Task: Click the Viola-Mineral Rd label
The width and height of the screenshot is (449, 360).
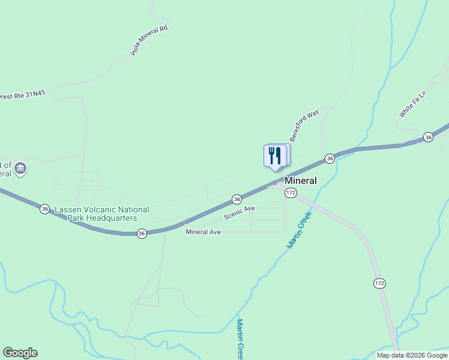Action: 149,41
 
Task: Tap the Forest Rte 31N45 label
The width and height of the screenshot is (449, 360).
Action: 23,95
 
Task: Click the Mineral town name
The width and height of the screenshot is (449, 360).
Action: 301,181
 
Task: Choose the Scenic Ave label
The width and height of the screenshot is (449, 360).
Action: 240,212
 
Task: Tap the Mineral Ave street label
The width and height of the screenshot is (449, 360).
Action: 203,232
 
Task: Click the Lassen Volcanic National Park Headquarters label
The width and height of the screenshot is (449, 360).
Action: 102,214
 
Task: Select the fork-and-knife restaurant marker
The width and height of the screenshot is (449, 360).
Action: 274,155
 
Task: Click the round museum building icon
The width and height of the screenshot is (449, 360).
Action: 20,168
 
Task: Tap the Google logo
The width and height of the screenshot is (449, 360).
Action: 20,353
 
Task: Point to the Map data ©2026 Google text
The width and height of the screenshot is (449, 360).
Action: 412,355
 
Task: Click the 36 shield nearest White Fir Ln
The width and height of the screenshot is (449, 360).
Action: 428,137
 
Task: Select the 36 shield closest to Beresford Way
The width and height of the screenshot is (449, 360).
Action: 330,158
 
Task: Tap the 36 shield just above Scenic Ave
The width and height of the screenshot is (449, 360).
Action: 237,199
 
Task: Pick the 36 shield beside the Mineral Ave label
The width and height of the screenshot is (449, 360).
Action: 142,233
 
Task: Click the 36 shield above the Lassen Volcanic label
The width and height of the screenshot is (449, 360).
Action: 45,209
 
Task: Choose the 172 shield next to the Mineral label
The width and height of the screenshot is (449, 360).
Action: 291,192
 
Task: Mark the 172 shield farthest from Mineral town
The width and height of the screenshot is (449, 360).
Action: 379,283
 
